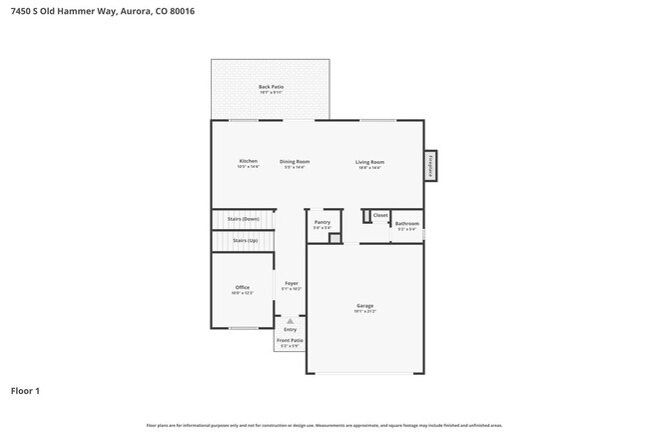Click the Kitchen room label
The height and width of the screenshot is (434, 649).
pyautogui.click(x=249, y=161)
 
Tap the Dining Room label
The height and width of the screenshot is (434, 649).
pyautogui.click(x=295, y=161)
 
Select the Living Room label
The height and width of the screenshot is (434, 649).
pyautogui.click(x=370, y=161)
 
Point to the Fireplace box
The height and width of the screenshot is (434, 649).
pyautogui.click(x=431, y=166)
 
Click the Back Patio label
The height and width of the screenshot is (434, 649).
pyautogui.click(x=272, y=87)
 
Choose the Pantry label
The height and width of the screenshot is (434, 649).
pyautogui.click(x=323, y=222)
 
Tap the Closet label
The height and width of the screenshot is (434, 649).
pyautogui.click(x=380, y=215)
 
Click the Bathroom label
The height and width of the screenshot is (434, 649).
pyautogui.click(x=406, y=224)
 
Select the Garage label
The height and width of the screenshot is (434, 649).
pyautogui.click(x=365, y=305)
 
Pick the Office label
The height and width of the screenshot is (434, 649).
pyautogui.click(x=243, y=287)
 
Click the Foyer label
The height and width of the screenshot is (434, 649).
pyautogui.click(x=292, y=283)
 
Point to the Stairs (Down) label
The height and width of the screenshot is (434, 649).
pyautogui.click(x=243, y=218)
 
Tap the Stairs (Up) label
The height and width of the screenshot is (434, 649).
pyautogui.click(x=245, y=241)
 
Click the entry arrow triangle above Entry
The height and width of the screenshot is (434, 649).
pyautogui.click(x=291, y=321)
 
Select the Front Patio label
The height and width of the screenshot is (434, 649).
pyautogui.click(x=291, y=340)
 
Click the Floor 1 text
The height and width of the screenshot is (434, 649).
pyautogui.click(x=25, y=391)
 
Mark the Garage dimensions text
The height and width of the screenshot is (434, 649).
pyautogui.click(x=365, y=311)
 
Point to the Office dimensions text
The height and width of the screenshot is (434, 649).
pyautogui.click(x=243, y=293)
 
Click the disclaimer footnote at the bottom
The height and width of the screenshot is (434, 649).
pyautogui.click(x=324, y=425)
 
